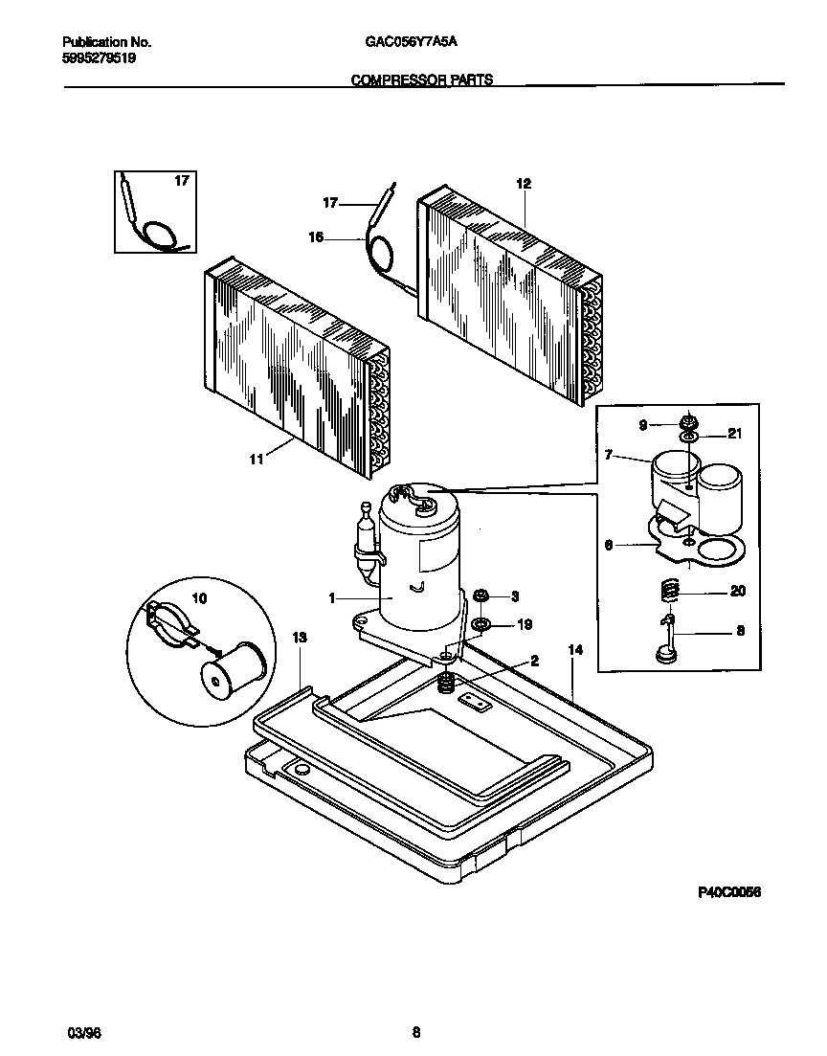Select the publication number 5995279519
[x=99, y=57]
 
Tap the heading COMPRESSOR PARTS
[x=422, y=80]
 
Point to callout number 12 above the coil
[x=523, y=183]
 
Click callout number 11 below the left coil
[x=256, y=460]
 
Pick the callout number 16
[x=316, y=240]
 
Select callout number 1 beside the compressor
[x=331, y=598]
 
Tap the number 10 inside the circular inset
[x=199, y=597]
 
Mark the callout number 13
[x=300, y=637]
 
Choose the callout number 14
[x=575, y=650]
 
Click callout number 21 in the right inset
[x=734, y=434]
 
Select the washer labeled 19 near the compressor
[x=482, y=625]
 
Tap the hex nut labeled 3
[x=482, y=595]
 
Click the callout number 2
[x=534, y=661]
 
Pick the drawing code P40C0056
[x=728, y=891]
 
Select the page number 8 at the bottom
[x=415, y=1033]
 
